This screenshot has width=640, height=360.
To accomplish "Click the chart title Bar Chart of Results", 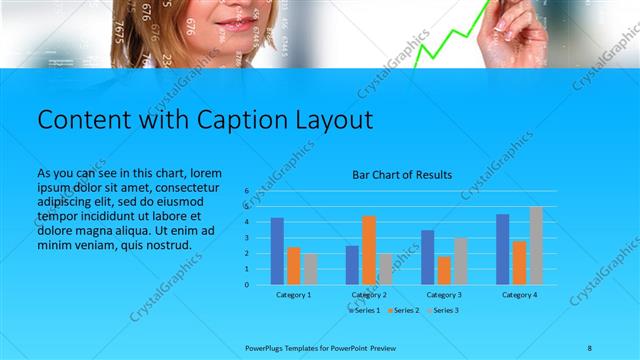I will pos(402,175).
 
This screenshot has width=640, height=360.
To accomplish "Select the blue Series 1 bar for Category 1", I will pos(277,251).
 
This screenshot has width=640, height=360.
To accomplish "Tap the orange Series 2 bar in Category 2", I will pos(369,250).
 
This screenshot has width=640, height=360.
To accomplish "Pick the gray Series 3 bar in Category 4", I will pos(536,246).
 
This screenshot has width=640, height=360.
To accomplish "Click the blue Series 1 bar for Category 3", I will pos(428,257).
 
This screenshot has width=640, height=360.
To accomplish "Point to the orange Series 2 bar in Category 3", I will pos(444,270).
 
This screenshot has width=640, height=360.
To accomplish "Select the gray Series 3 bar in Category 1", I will pos(310,269).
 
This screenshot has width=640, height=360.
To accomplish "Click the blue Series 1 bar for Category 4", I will pos(503,249).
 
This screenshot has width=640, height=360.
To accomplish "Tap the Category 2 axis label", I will pos(369,295).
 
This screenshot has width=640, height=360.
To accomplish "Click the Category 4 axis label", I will pos(519,295).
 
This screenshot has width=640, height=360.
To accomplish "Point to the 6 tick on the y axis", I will pos(246,190).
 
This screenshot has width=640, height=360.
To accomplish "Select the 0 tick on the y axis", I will pos(246,285).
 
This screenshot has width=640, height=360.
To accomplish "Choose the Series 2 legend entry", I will pos(405,310).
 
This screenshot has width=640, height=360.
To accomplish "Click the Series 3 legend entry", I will pos(444,310).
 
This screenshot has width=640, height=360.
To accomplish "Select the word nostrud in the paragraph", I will pos(167,245).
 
